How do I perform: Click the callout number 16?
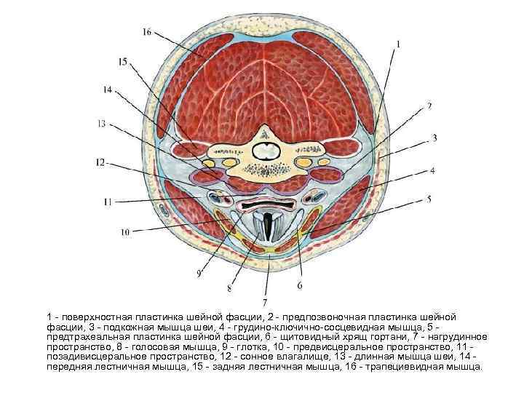pyautogui.click(x=147, y=32)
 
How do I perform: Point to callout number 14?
pyautogui.click(x=108, y=91)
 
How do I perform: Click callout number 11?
pyautogui.click(x=107, y=200)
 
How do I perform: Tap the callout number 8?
pyautogui.click(x=230, y=288)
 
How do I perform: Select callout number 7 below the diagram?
pyautogui.click(x=265, y=301)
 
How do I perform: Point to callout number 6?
pyautogui.click(x=299, y=286)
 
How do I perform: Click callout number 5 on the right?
pyautogui.click(x=429, y=198)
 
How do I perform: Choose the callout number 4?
pyautogui.click(x=432, y=172)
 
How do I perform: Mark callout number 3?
pyautogui.click(x=434, y=137)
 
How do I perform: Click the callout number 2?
pyautogui.click(x=429, y=106)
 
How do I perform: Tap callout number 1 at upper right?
pyautogui.click(x=398, y=44)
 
